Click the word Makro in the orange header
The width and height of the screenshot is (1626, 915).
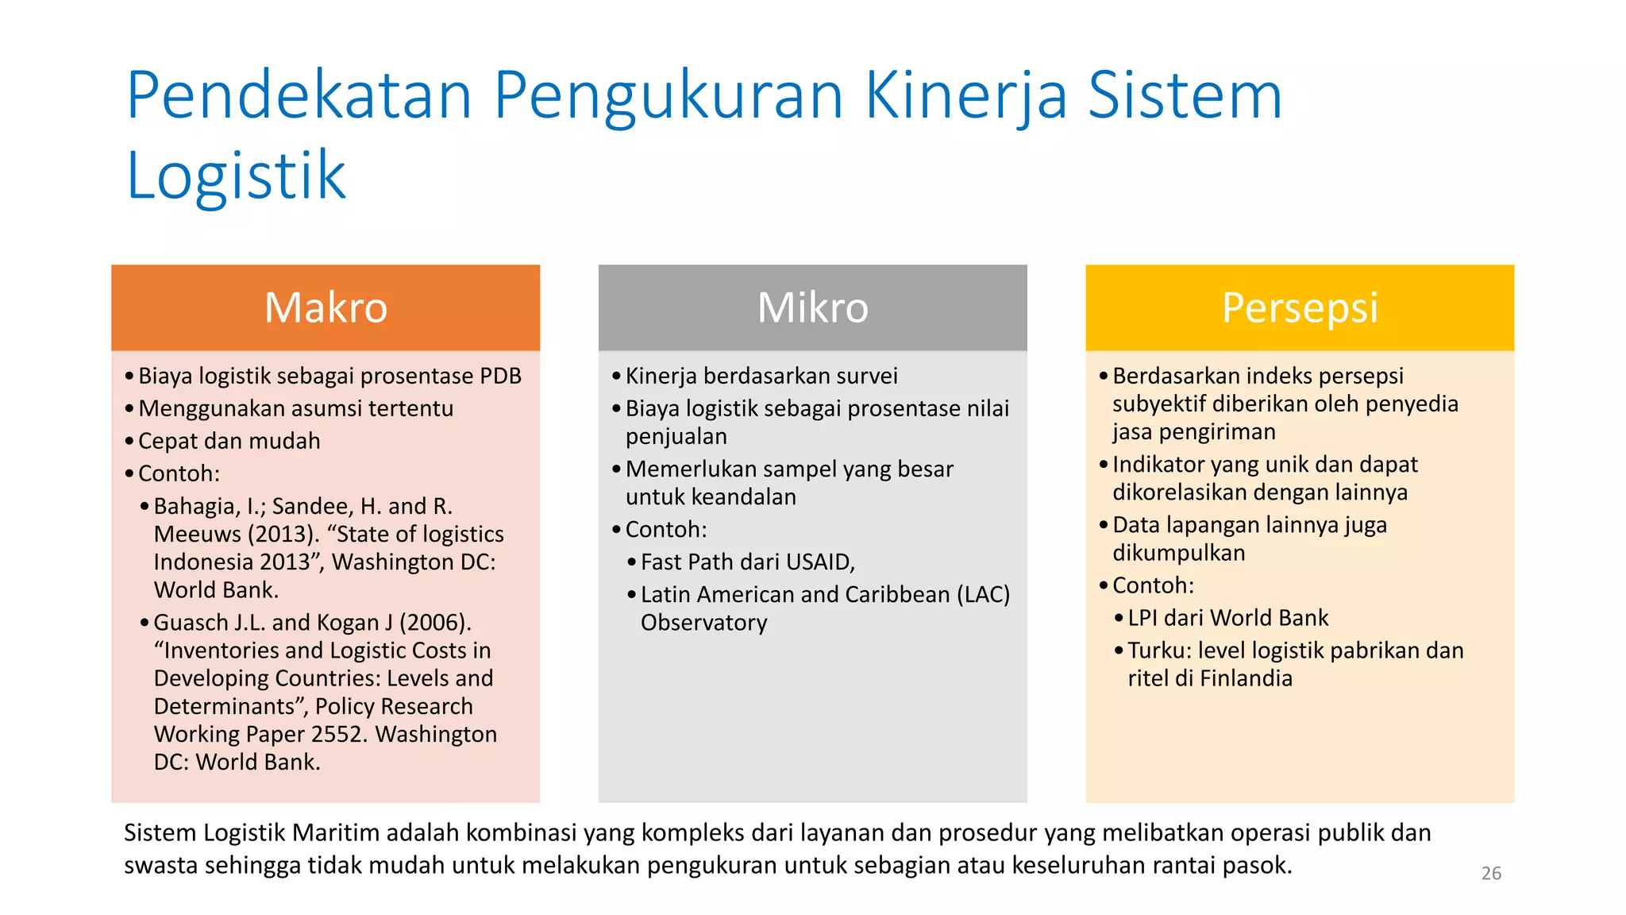326,308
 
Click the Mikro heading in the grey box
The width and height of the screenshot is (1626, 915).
812,308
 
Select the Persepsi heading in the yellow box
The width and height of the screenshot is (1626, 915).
1300,308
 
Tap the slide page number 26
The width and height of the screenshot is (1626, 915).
1491,873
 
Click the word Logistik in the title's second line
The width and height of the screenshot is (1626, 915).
237,176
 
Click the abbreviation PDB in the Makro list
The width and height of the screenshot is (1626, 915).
500,376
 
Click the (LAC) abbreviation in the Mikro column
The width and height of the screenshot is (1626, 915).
983,594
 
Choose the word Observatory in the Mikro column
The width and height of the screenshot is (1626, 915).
703,622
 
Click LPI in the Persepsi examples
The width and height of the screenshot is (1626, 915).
1142,618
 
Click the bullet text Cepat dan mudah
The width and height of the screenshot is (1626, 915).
229,441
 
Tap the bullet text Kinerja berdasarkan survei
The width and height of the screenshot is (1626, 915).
761,376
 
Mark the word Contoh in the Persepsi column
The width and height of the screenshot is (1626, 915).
1151,585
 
